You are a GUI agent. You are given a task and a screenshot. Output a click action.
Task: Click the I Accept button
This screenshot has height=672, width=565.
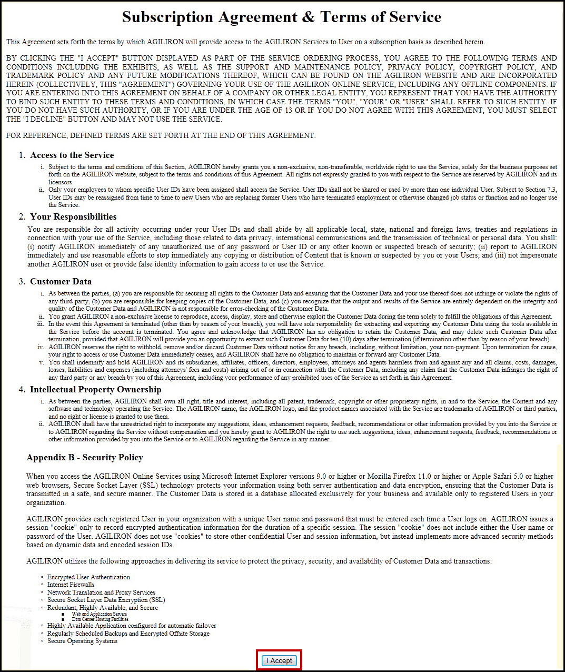279,660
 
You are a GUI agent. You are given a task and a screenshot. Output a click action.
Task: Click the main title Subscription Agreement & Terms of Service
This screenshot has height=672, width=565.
282,17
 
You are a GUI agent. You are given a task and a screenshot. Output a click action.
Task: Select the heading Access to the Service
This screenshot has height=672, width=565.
72,155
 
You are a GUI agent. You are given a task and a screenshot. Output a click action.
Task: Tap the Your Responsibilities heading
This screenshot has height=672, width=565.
73,216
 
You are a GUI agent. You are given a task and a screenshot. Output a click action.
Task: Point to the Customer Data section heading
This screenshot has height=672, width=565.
61,281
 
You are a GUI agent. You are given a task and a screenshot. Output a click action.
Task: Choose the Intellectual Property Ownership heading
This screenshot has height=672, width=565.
95,389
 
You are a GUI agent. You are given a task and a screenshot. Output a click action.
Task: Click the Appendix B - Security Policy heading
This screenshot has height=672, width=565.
85,457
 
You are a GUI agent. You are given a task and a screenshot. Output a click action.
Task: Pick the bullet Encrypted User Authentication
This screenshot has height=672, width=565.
88,577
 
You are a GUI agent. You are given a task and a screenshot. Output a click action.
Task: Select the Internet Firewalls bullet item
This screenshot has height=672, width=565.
71,585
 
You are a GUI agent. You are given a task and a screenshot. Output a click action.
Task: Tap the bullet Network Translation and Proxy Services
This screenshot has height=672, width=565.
101,592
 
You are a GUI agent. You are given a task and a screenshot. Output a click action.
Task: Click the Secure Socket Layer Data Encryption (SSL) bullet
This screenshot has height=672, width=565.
106,600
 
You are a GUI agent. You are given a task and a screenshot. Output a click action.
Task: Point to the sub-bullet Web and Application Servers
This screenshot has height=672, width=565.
99,614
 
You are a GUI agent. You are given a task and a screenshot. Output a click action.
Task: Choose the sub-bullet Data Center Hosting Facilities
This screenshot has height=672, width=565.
100,619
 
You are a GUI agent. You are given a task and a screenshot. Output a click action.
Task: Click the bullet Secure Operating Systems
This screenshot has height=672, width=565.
82,641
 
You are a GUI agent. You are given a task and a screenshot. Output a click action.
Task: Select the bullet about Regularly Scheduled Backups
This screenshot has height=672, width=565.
128,634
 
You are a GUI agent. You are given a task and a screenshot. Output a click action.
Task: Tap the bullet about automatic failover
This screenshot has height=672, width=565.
132,626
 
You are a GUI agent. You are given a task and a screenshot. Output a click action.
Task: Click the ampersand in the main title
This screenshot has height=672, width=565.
308,17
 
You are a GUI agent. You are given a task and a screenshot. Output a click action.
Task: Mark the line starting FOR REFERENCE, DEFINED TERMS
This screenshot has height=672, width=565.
161,135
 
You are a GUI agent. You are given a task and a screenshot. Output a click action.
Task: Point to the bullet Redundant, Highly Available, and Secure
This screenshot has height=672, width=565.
102,608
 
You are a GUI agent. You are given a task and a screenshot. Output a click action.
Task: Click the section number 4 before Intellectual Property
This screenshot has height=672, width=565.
22,389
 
